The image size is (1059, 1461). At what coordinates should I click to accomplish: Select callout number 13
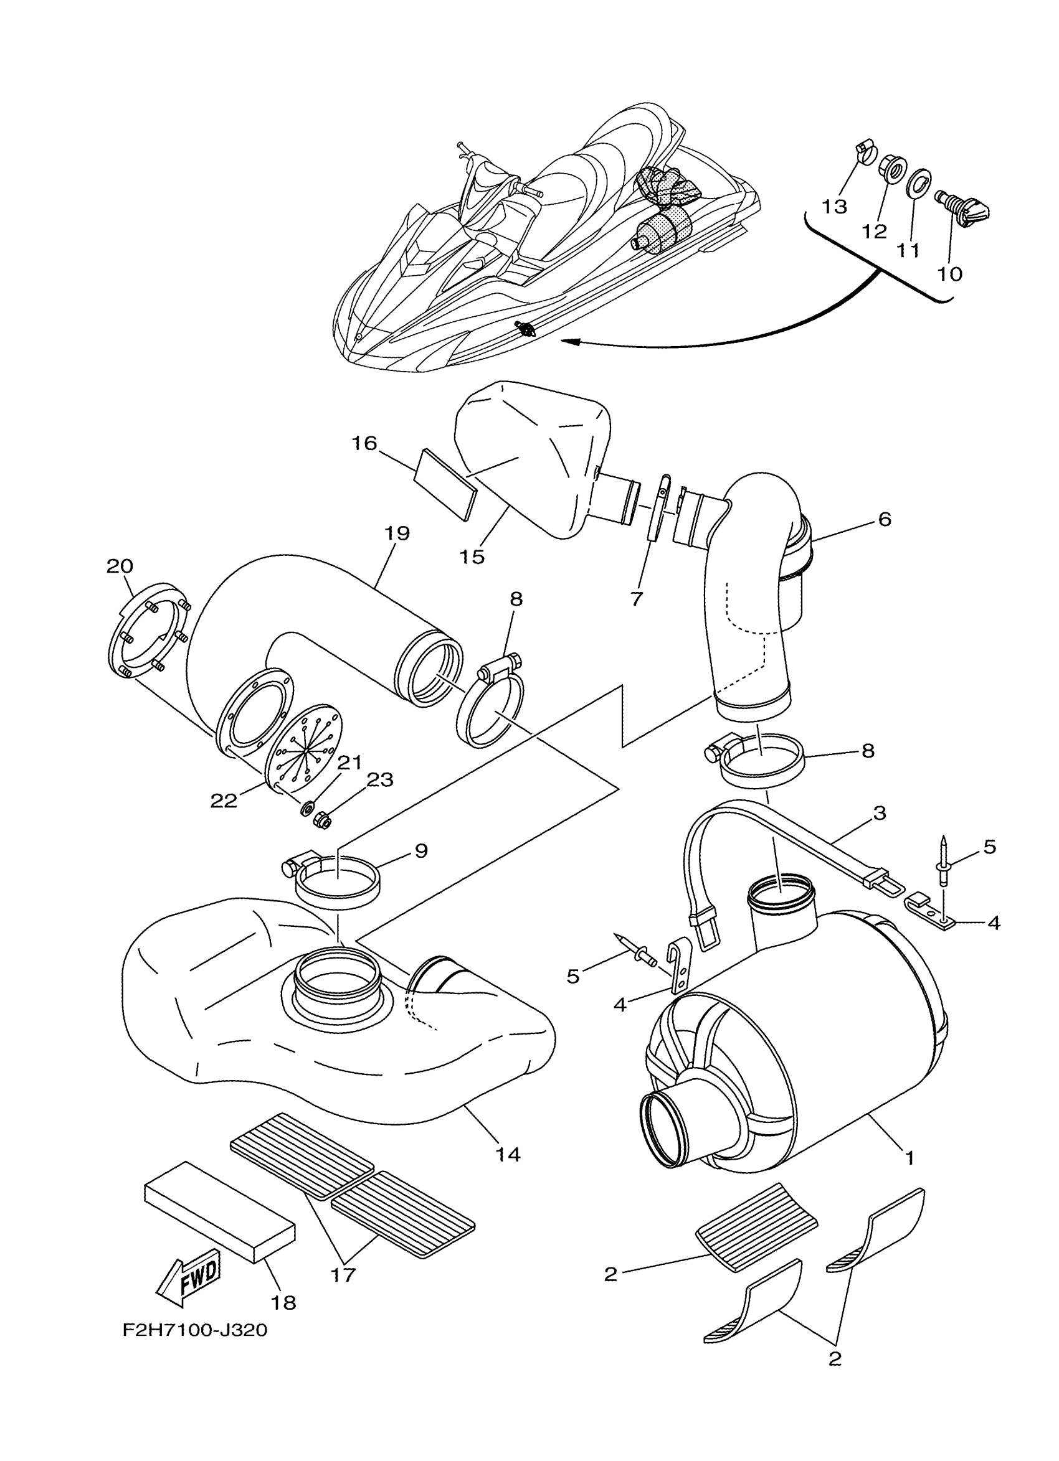click(x=834, y=207)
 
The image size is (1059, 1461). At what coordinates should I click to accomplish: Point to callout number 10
click(x=949, y=274)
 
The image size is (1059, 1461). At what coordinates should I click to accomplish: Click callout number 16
click(x=364, y=443)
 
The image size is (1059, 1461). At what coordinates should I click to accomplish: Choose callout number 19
click(x=397, y=533)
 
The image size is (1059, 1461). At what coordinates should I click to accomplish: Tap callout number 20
click(x=119, y=566)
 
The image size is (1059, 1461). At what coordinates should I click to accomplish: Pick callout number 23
click(x=379, y=780)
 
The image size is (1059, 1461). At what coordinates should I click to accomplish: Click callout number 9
click(x=421, y=851)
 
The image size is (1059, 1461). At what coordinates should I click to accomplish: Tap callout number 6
click(x=885, y=519)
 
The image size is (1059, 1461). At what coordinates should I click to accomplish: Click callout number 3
click(x=880, y=812)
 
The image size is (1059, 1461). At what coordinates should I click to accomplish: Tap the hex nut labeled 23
click(x=322, y=820)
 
